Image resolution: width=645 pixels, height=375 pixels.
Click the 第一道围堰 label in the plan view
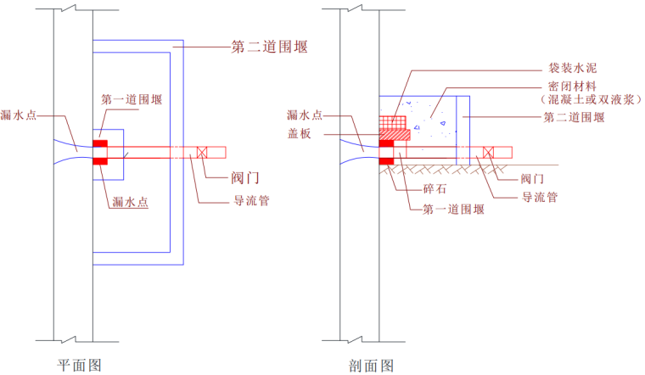click(132, 99)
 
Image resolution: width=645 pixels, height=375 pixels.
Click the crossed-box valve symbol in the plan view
click(202, 152)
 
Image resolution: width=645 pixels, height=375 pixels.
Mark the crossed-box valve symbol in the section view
click(488, 152)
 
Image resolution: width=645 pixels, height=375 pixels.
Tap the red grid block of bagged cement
click(391, 121)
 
